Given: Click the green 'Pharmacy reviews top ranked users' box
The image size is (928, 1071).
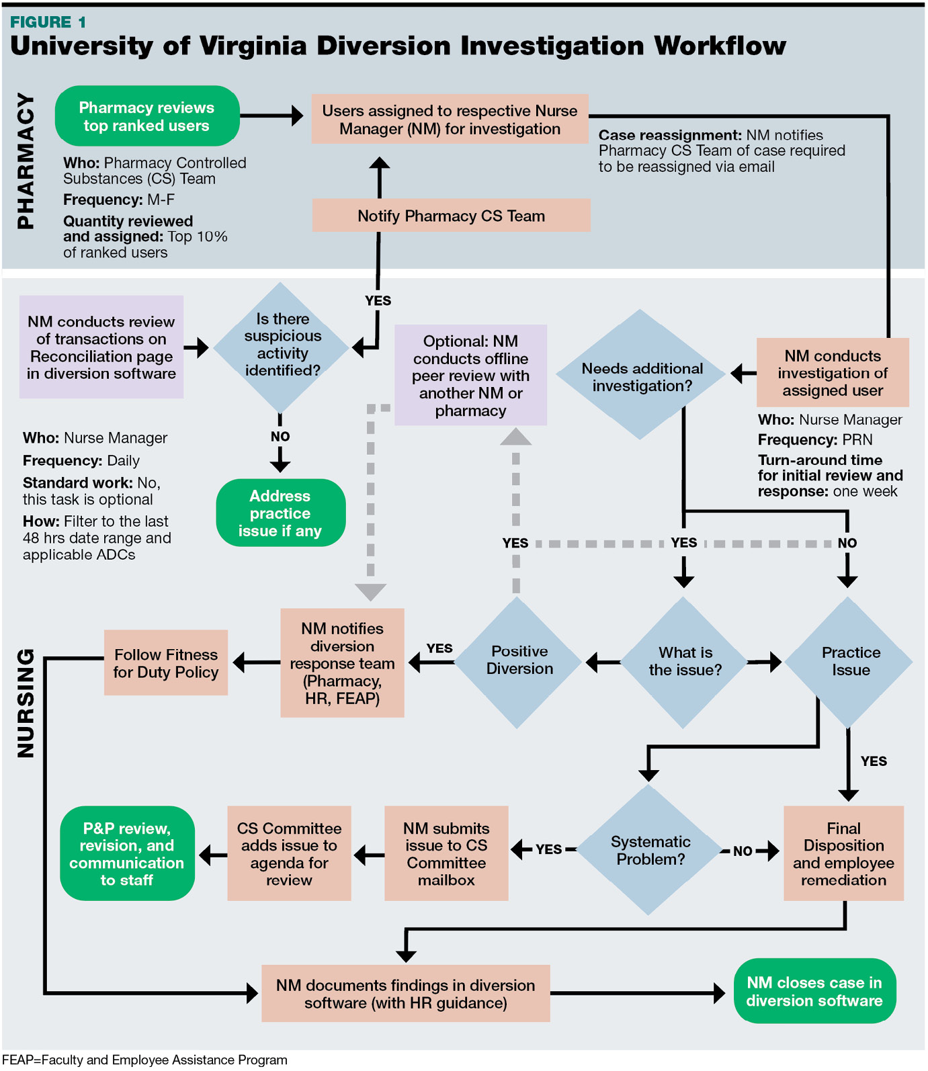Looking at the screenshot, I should [x=146, y=116].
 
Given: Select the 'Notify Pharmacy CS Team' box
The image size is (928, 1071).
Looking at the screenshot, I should [x=451, y=216].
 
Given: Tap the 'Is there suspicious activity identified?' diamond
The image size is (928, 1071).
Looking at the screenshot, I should [x=282, y=345].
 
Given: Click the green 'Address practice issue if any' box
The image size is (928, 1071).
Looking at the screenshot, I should [x=280, y=513].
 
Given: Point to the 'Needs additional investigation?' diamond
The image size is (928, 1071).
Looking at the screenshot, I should [x=642, y=376].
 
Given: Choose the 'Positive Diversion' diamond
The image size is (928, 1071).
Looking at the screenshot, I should [x=519, y=661].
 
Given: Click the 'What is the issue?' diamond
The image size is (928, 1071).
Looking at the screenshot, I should [x=684, y=662].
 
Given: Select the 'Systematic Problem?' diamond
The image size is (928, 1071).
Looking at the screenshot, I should [x=649, y=851].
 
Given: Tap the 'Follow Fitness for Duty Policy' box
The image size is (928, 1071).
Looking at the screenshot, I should [x=165, y=663].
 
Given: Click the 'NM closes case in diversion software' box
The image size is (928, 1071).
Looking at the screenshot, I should [x=814, y=992].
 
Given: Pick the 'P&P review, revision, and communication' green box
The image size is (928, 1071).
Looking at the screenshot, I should [x=127, y=854].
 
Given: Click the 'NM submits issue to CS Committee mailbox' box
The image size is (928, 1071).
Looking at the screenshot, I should [x=446, y=854].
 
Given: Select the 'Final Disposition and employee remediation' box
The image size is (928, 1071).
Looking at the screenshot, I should [x=843, y=854].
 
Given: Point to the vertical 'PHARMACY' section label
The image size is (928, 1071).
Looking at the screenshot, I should [x=26, y=161].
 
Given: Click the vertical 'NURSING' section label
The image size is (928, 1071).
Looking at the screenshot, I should [x=26, y=703].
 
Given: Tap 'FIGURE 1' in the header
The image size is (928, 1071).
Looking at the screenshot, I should [x=48, y=22].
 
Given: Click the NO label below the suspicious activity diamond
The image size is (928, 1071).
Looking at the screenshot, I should [x=280, y=437].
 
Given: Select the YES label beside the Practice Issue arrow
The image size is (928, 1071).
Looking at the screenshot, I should [x=874, y=761].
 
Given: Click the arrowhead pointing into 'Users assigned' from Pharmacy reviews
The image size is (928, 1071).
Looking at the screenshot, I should [x=297, y=116].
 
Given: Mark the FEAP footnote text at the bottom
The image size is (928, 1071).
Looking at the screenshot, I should [x=144, y=1060].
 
